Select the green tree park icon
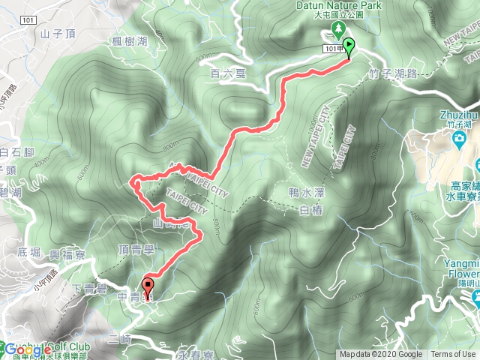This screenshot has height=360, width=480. [x=337, y=30]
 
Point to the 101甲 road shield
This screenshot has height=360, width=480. [x=334, y=48]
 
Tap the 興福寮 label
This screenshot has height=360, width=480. [x=66, y=255]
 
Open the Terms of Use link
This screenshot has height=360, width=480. [x=452, y=355]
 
